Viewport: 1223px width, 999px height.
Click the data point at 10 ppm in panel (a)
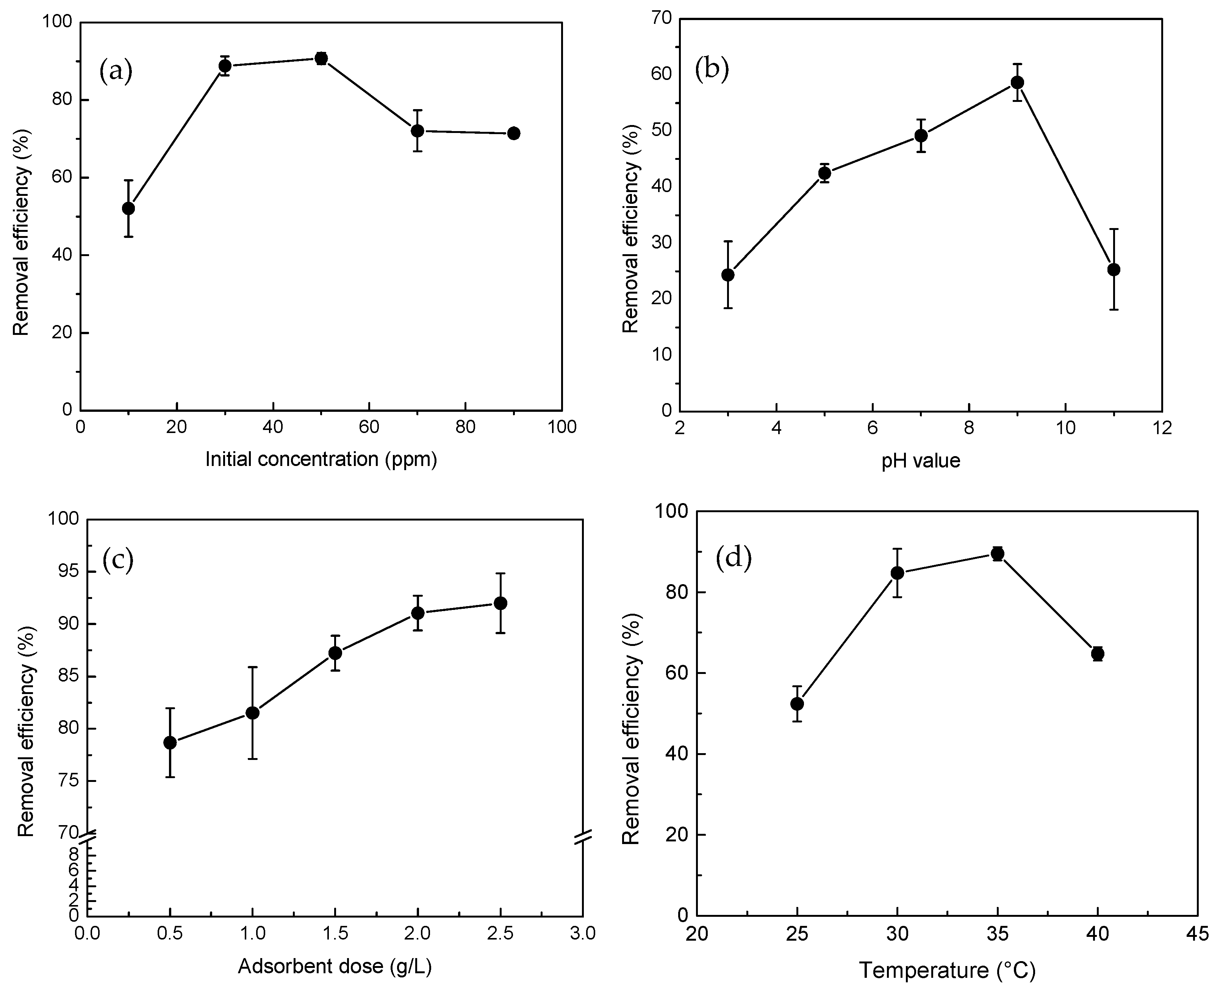[128, 208]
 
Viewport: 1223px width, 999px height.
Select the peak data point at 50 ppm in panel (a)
[321, 58]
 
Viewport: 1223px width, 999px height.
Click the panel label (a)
[116, 72]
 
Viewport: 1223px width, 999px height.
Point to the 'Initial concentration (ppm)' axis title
[321, 459]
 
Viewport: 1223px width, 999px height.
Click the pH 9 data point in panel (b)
[1017, 82]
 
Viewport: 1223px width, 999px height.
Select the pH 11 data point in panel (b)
[1114, 269]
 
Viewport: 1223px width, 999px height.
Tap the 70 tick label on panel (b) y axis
[661, 19]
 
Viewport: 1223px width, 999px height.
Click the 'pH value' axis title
[921, 460]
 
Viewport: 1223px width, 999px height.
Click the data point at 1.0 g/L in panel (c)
[252, 713]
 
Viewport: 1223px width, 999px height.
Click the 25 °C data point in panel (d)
[797, 704]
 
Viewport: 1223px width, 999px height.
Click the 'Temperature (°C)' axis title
[947, 970]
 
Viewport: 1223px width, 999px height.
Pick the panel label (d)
[733, 558]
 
